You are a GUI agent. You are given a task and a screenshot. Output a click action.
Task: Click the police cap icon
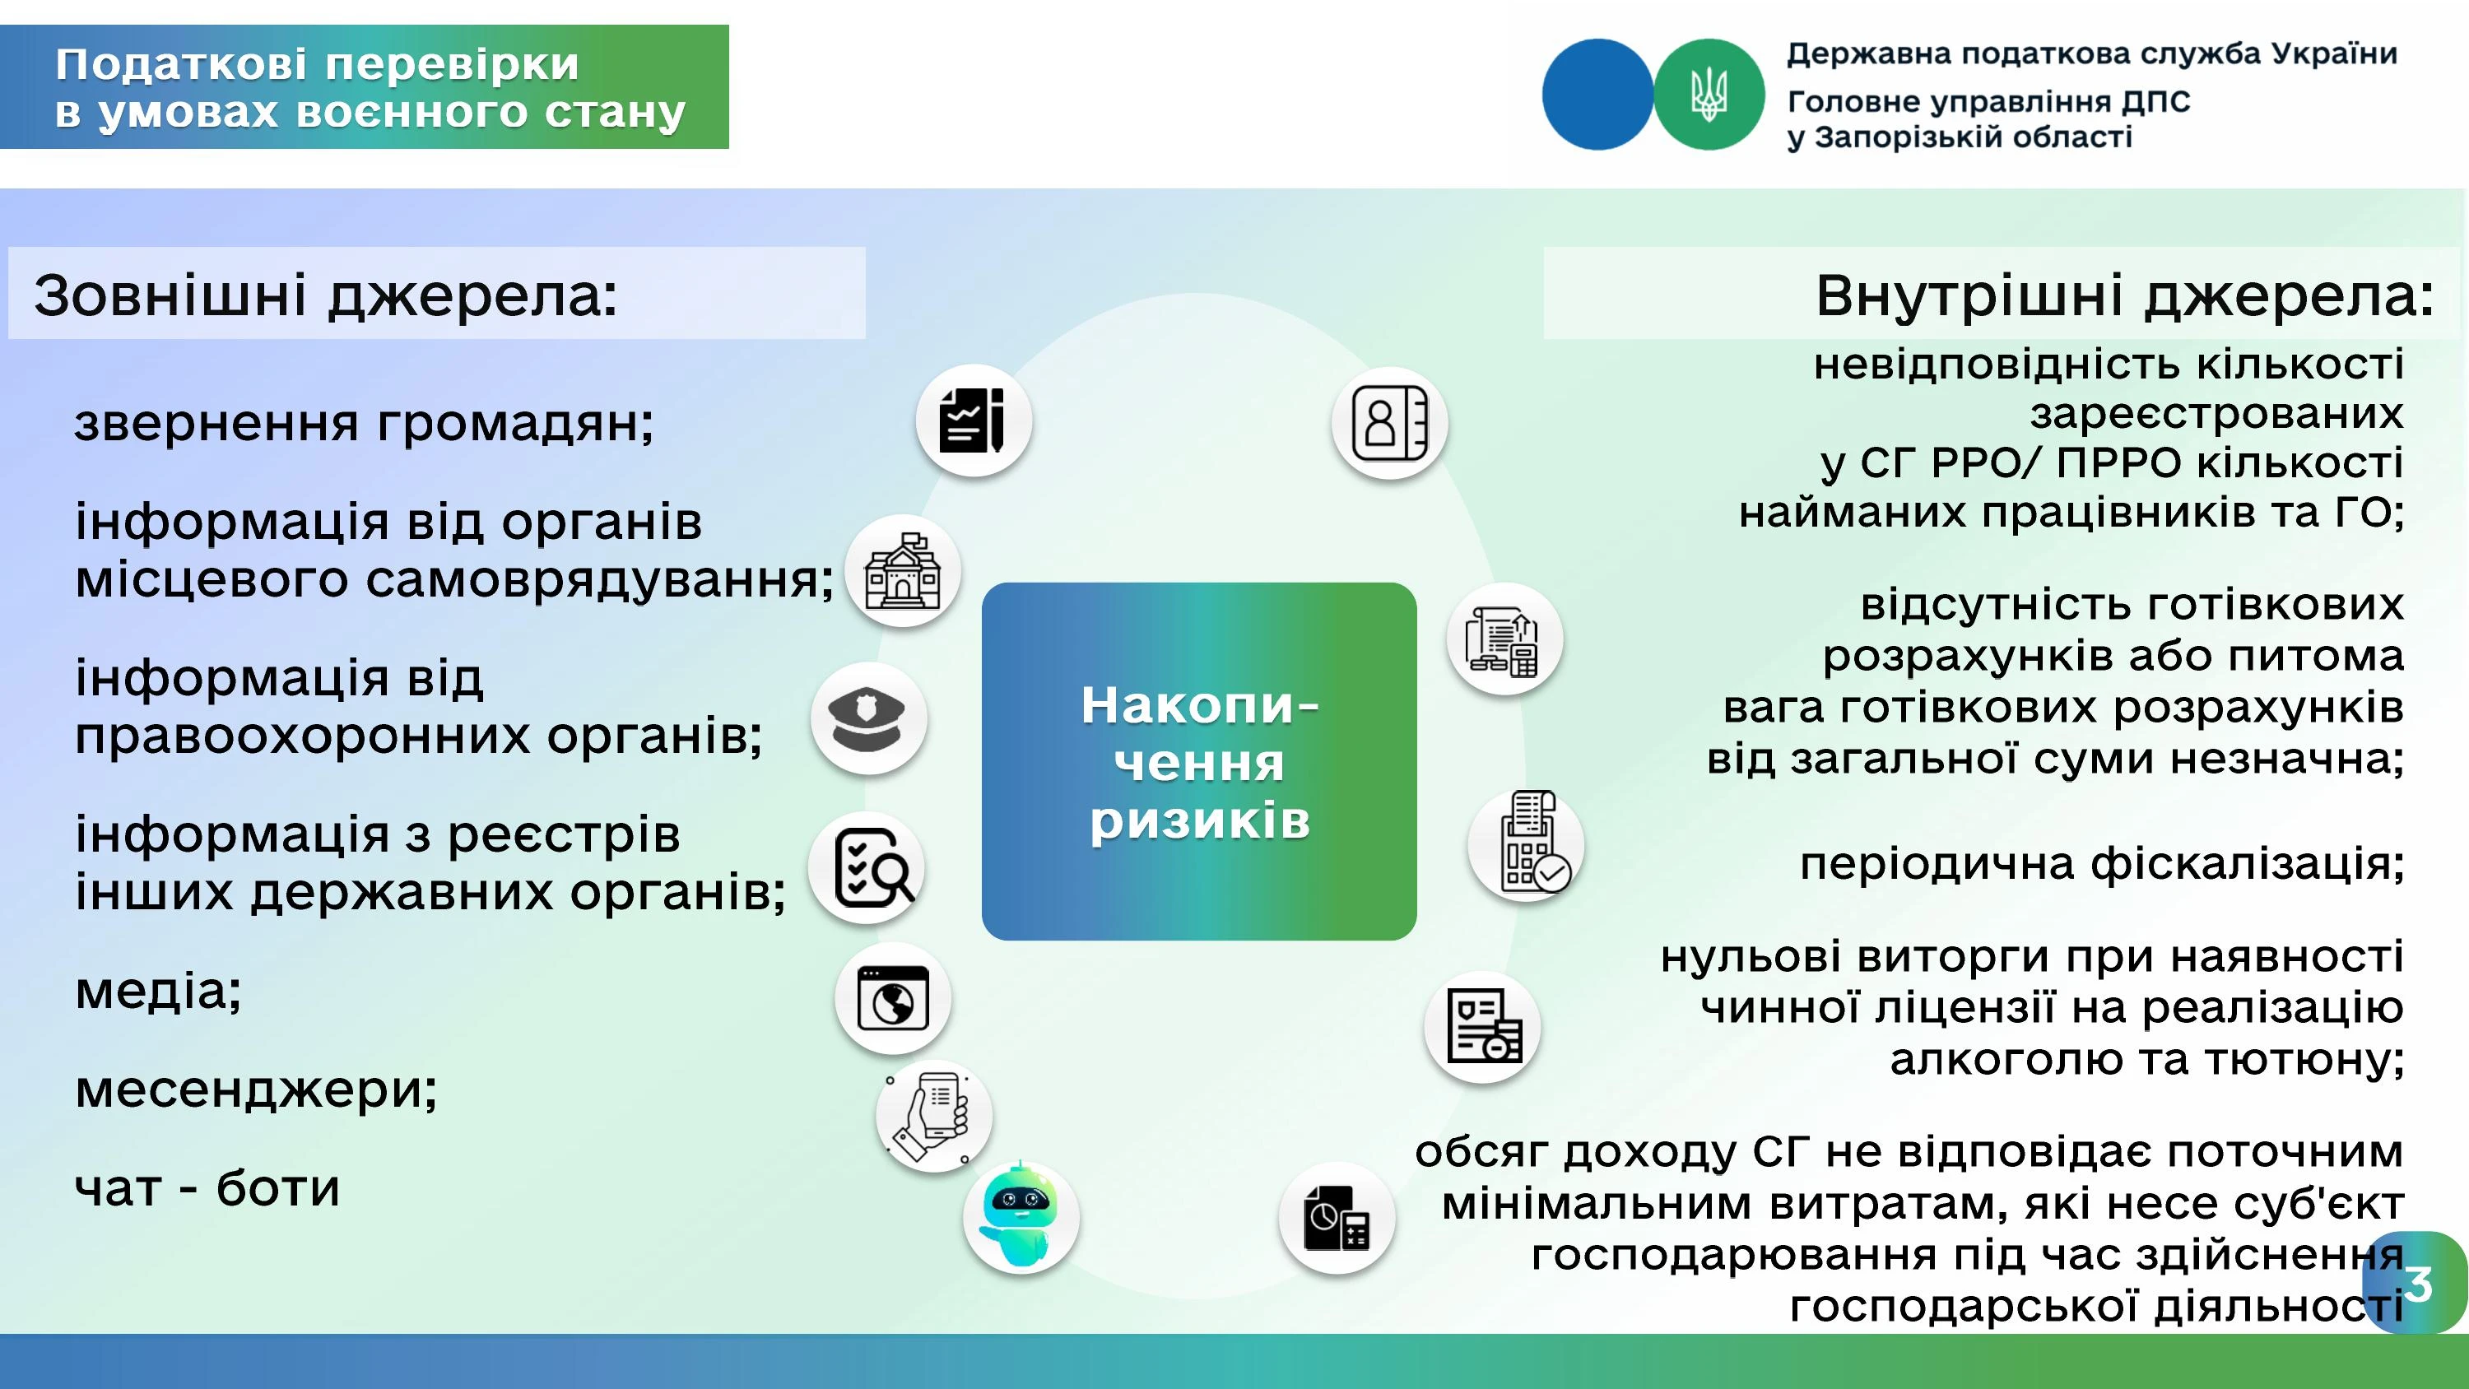pyautogui.click(x=867, y=719)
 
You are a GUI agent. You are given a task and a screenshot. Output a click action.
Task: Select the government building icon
pyautogui.click(x=902, y=571)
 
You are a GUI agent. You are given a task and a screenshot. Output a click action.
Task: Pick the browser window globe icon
pyautogui.click(x=892, y=998)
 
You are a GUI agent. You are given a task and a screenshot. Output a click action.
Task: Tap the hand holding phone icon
pyautogui.click(x=932, y=1116)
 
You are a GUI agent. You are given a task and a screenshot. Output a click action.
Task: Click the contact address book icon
pyautogui.click(x=1389, y=423)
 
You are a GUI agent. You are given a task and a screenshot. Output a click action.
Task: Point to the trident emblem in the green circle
pyautogui.click(x=1708, y=94)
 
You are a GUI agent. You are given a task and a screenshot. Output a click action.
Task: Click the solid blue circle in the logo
pyautogui.click(x=1597, y=94)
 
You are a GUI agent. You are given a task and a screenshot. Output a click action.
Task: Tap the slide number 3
pyautogui.click(x=2418, y=1284)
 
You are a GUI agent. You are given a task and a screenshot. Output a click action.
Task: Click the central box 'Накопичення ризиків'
pyautogui.click(x=1199, y=761)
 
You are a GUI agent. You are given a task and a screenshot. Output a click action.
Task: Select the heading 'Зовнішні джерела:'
pyautogui.click(x=326, y=295)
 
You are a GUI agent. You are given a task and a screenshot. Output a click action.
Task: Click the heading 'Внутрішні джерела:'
pyautogui.click(x=2124, y=295)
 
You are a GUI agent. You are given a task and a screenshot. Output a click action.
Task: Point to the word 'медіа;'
pyautogui.click(x=158, y=990)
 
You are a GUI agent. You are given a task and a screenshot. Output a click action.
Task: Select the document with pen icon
pyautogui.click(x=973, y=420)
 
